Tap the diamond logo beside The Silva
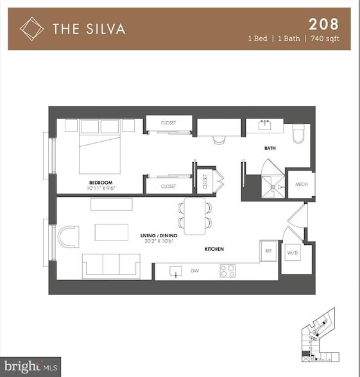pos(31,28)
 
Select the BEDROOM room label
pos(101,183)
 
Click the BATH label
pos(270,148)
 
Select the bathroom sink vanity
pos(264,126)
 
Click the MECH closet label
pos(301,185)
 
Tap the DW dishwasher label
pos(194,271)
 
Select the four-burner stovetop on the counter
pos(228,271)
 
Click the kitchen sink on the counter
pos(176,271)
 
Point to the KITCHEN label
pos(214,249)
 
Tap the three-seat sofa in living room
pos(111,265)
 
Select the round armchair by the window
pos(68,237)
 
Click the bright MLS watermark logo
pos(30,367)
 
